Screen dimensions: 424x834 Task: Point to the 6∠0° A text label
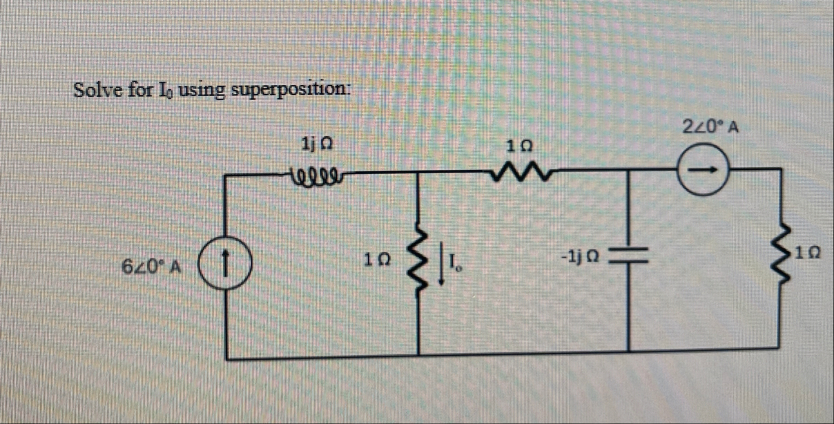[x=150, y=266]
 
